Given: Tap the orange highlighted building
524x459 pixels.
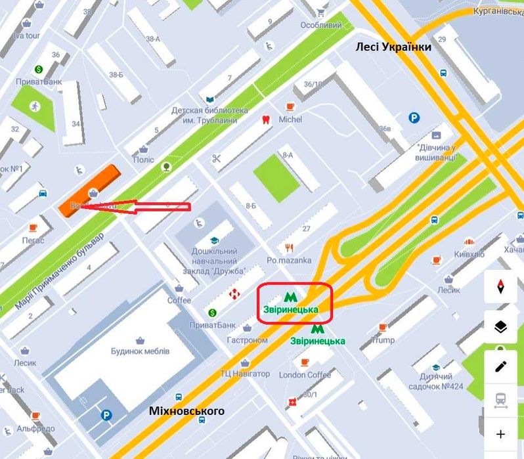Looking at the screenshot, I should [89, 190].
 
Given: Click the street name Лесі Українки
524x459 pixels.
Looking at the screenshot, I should [393, 47].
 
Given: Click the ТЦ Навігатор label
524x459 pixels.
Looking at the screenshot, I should [244, 374].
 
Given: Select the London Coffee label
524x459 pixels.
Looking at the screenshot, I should [305, 374].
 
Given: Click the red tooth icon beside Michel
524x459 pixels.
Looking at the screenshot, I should [266, 120].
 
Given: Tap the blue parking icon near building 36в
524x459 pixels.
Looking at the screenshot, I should [414, 118].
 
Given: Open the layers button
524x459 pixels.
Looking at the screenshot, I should [501, 327].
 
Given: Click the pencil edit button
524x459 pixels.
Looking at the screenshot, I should [501, 366].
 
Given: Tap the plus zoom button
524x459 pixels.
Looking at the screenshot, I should [501, 434].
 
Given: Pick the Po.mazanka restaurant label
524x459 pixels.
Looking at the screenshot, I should [289, 260].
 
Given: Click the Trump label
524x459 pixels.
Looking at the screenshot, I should [383, 340].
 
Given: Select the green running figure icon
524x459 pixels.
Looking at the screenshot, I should [34, 105].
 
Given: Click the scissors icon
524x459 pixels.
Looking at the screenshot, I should [216, 158].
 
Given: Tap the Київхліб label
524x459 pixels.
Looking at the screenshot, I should [469, 253].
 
